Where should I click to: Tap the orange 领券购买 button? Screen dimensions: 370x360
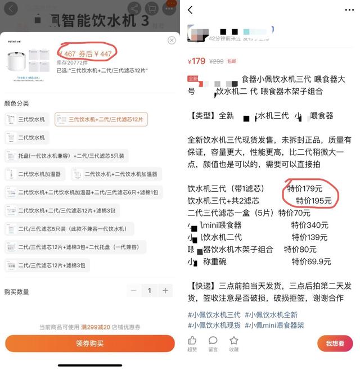(90, 343)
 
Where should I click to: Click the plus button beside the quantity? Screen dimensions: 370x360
(165, 291)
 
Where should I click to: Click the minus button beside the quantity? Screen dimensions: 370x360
(133, 291)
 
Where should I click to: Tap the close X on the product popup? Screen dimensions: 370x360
(172, 40)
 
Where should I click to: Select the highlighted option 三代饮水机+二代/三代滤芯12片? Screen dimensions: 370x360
(101, 119)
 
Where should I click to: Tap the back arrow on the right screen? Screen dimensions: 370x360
(190, 10)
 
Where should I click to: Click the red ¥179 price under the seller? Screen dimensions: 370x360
(197, 61)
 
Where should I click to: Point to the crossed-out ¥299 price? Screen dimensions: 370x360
(216, 61)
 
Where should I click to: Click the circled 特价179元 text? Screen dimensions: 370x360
(305, 188)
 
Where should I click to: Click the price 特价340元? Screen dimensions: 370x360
(310, 225)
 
